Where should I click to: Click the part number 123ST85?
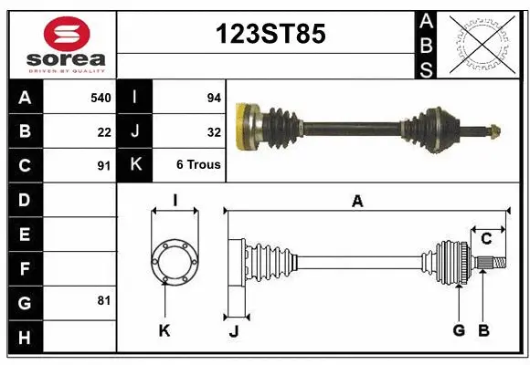pyautogui.click(x=270, y=34)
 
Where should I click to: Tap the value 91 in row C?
pyautogui.click(x=104, y=166)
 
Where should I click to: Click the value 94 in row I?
pyautogui.click(x=214, y=96)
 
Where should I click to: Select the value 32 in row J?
pyautogui.click(x=214, y=130)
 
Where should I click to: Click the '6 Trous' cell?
pyautogui.click(x=198, y=166)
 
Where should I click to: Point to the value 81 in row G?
pyautogui.click(x=104, y=300)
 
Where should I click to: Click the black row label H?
pyautogui.click(x=24, y=338)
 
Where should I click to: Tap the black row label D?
pyautogui.click(x=24, y=200)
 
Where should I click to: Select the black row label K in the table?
pyautogui.click(x=135, y=166)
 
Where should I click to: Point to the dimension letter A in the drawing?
pyautogui.click(x=357, y=202)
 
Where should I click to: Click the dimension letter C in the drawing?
pyautogui.click(x=486, y=239)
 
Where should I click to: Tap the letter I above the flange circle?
pyautogui.click(x=174, y=201)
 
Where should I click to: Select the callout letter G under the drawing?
pyautogui.click(x=459, y=330)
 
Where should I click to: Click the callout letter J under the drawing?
pyautogui.click(x=233, y=330)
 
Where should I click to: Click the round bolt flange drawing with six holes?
pyautogui.click(x=174, y=259)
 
